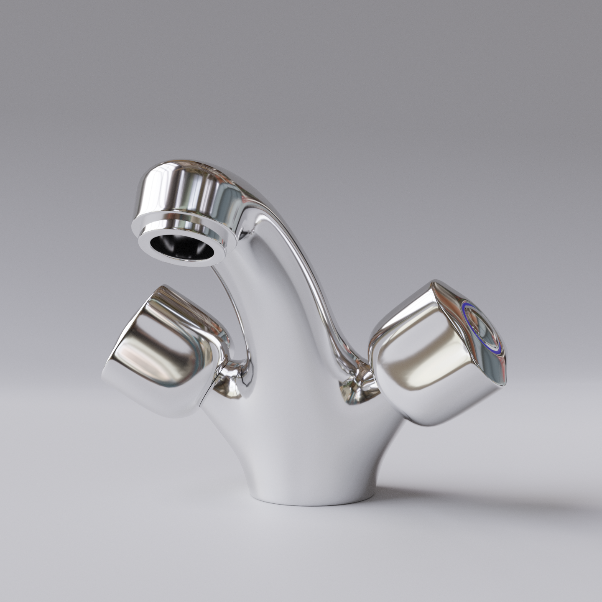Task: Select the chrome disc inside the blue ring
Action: [x=485, y=330]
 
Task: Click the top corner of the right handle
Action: [x=435, y=284]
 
